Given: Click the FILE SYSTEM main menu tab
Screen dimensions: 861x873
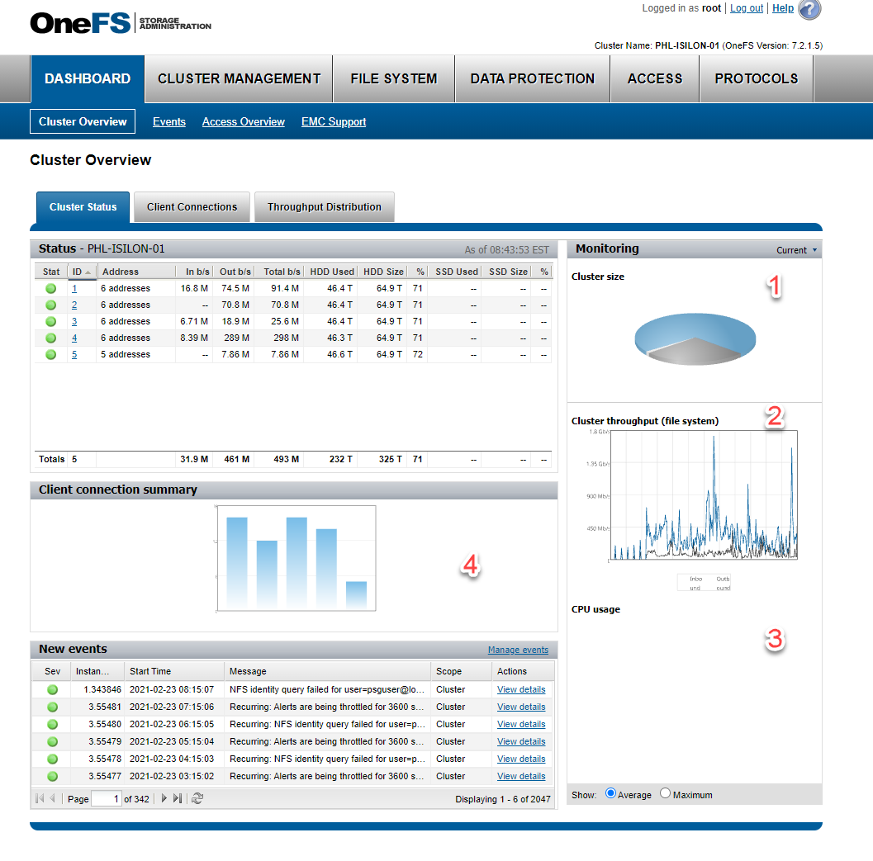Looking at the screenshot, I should click(393, 79).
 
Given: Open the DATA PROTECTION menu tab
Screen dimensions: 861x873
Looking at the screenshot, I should click(532, 79).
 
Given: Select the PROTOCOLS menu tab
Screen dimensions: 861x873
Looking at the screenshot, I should click(756, 79).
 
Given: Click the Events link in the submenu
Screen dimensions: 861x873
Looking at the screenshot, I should click(169, 122).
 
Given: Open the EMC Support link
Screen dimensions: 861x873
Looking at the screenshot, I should click(334, 122).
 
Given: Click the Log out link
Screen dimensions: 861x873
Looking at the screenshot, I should click(747, 8).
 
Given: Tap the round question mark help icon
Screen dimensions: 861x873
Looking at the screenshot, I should click(809, 9).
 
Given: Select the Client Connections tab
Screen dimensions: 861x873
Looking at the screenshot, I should click(192, 207).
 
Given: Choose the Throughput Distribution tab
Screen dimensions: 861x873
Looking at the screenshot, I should click(324, 207).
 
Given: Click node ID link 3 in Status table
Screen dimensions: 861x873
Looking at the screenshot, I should click(74, 321).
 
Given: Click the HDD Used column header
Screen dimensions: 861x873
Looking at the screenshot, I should click(332, 272).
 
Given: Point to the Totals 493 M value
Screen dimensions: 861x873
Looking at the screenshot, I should click(282, 459).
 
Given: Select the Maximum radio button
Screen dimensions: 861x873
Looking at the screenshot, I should click(666, 793).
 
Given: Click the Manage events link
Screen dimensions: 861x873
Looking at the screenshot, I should click(518, 650).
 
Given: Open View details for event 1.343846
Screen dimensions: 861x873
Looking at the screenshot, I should click(521, 689).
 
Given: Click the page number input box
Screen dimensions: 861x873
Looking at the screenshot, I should click(106, 798).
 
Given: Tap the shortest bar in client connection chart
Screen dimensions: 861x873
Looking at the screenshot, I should click(356, 595).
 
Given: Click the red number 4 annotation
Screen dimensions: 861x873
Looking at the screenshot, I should click(470, 565).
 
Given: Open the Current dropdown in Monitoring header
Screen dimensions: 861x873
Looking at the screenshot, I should click(796, 250).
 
